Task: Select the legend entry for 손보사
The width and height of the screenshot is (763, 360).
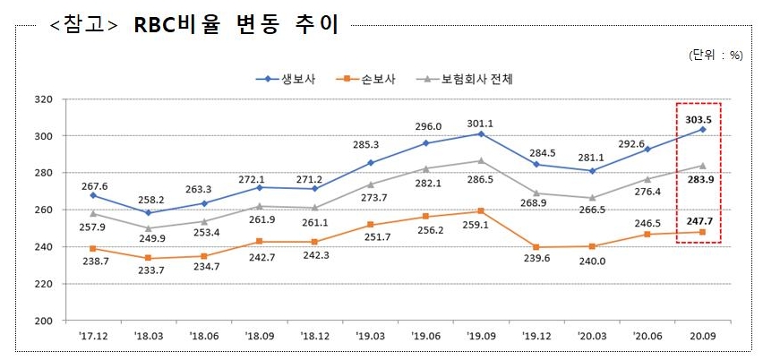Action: coord(381,79)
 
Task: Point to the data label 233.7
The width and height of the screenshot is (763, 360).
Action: coord(148,271)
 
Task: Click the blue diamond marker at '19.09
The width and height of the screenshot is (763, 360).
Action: coord(481,133)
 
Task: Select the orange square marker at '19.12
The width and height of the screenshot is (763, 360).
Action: coord(536,247)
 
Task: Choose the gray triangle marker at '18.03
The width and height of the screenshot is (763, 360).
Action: coord(148,227)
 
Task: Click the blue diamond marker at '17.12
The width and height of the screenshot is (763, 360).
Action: coord(92,195)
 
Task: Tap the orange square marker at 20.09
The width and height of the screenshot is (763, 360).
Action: coord(703,232)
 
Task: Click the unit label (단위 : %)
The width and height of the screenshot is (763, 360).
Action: coord(716,55)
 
